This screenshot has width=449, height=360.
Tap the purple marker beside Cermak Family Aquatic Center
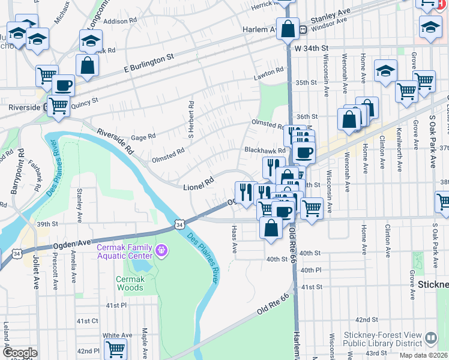pyautogui.click(x=161, y=249)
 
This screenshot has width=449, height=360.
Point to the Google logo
pyautogui.click(x=19, y=353)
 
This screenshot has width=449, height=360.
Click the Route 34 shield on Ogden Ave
pyautogui.click(x=179, y=224)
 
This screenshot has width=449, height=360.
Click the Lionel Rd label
pyautogui.click(x=199, y=183)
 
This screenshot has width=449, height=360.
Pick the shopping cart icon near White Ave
pyautogui.click(x=115, y=349)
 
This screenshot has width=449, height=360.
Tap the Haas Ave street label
pyautogui.click(x=234, y=239)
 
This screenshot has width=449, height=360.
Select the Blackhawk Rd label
pyautogui.click(x=264, y=150)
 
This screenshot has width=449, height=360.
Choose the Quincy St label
pyautogui.click(x=84, y=103)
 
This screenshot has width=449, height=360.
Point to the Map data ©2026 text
pyautogui.click(x=423, y=355)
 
